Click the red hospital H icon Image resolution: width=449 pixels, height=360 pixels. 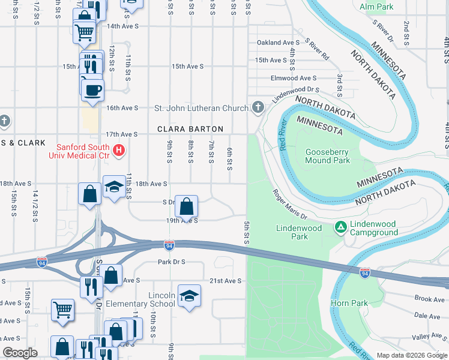(x=119, y=150)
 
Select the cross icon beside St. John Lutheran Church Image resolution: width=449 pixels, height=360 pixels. (x=258, y=108)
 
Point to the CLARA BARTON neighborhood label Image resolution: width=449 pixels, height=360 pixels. (x=190, y=129)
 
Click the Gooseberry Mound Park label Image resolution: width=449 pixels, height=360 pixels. (x=327, y=156)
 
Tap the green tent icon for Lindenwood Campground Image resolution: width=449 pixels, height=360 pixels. (x=340, y=227)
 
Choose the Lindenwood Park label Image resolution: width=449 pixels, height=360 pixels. (x=300, y=232)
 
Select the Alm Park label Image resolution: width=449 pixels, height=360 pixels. (x=377, y=7)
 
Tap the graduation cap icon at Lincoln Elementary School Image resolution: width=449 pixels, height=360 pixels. (x=189, y=296)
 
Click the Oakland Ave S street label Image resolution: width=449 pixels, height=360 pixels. (x=278, y=43)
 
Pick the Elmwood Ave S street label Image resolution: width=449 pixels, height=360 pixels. (x=294, y=78)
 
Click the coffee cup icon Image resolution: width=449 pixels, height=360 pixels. (x=92, y=90)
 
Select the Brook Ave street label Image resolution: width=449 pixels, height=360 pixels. (x=429, y=298)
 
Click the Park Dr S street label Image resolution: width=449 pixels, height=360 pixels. (x=172, y=262)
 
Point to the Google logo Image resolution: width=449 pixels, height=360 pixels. (x=20, y=353)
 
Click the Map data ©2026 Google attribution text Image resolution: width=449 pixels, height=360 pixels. (x=412, y=355)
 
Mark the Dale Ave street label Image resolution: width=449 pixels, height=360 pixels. (x=427, y=316)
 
